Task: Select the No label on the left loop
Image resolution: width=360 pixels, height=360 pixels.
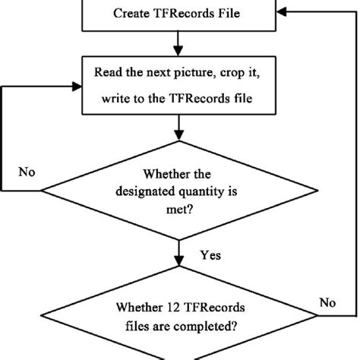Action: pyautogui.click(x=26, y=171)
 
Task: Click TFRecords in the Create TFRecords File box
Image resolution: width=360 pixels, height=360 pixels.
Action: pyautogui.click(x=181, y=14)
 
